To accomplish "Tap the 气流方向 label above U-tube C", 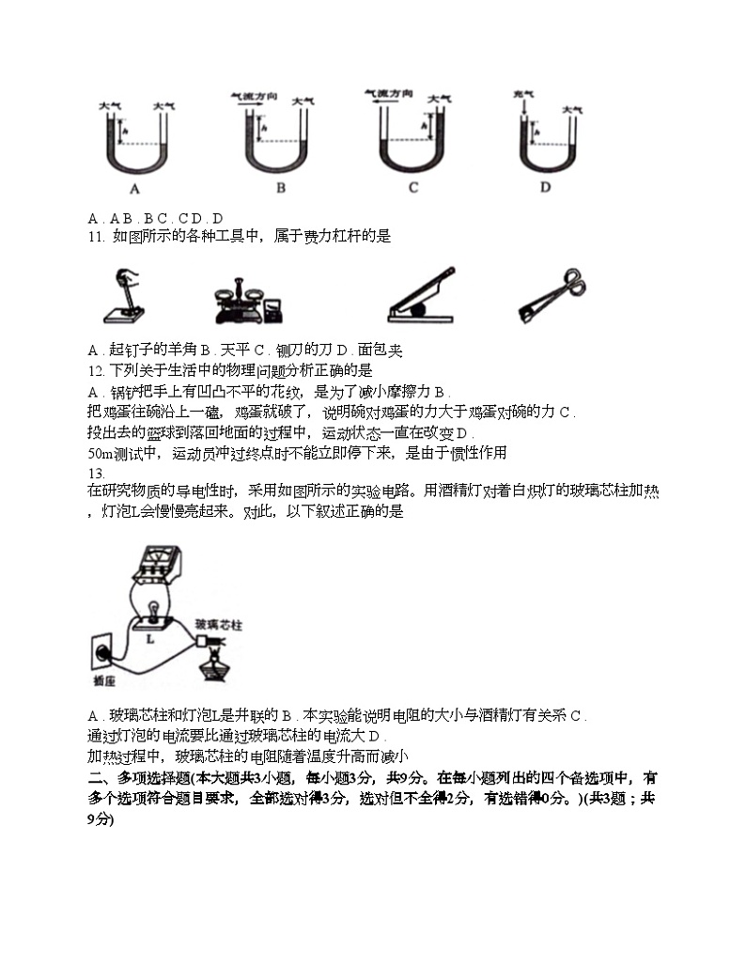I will (388, 94).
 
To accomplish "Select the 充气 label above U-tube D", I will (522, 97).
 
